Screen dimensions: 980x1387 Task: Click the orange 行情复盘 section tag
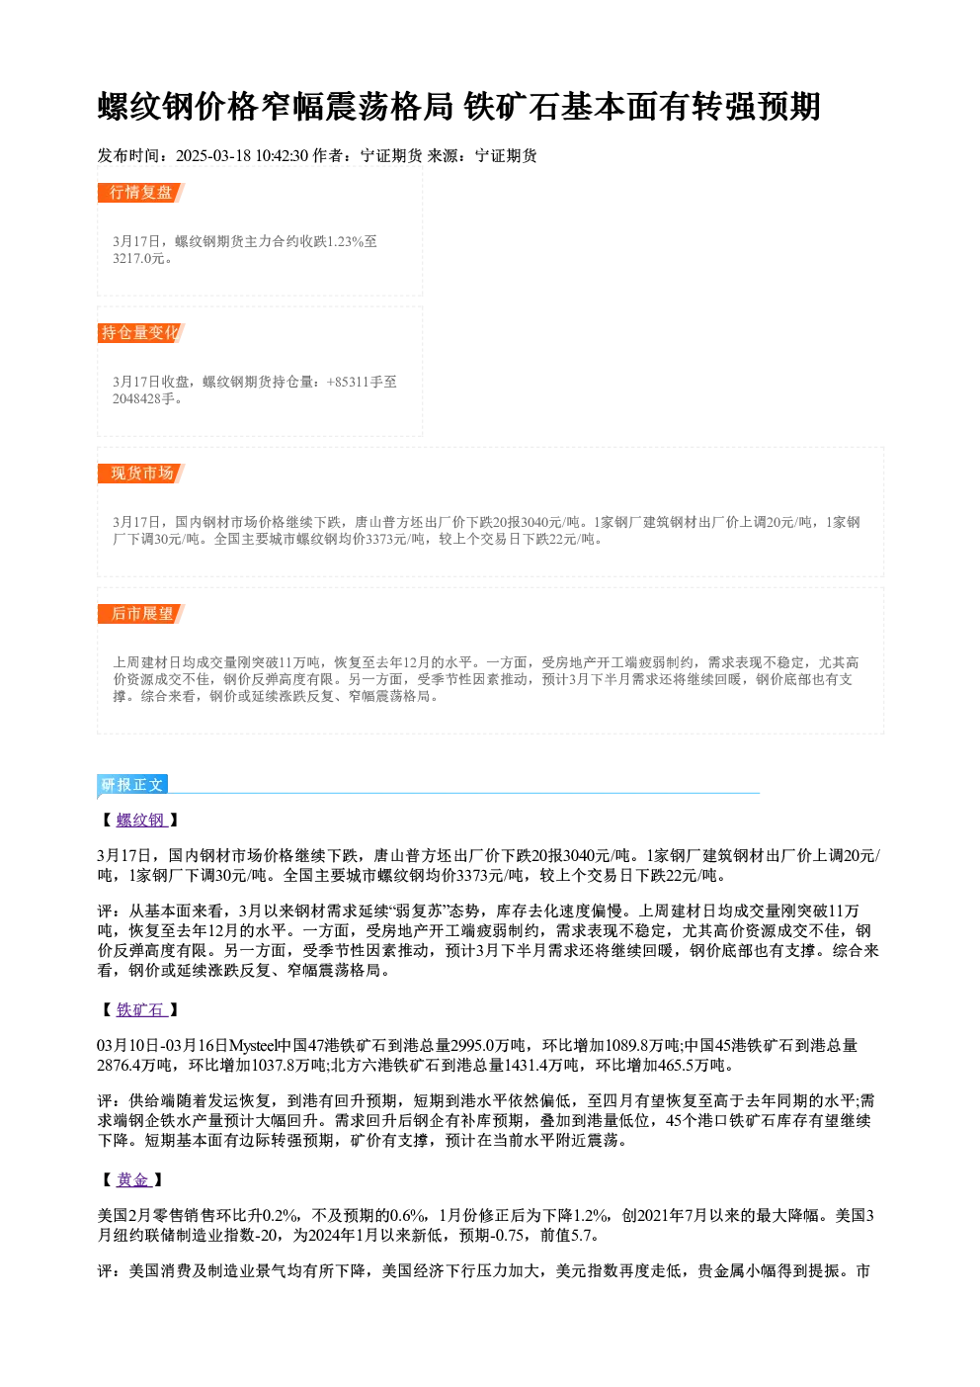click(141, 193)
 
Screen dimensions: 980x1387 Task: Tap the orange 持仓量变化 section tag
click(141, 333)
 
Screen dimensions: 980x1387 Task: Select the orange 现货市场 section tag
click(141, 474)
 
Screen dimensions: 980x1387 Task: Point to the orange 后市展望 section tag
click(141, 614)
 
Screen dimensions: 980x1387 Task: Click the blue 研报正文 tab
click(132, 785)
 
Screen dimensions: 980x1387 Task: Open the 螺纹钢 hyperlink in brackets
click(141, 821)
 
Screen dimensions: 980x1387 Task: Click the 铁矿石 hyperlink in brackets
click(141, 1010)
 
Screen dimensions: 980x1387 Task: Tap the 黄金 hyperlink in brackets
click(133, 1179)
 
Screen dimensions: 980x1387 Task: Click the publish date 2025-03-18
click(213, 155)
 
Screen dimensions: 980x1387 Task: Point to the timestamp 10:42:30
click(282, 155)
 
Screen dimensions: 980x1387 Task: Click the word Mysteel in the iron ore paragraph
click(253, 1046)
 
